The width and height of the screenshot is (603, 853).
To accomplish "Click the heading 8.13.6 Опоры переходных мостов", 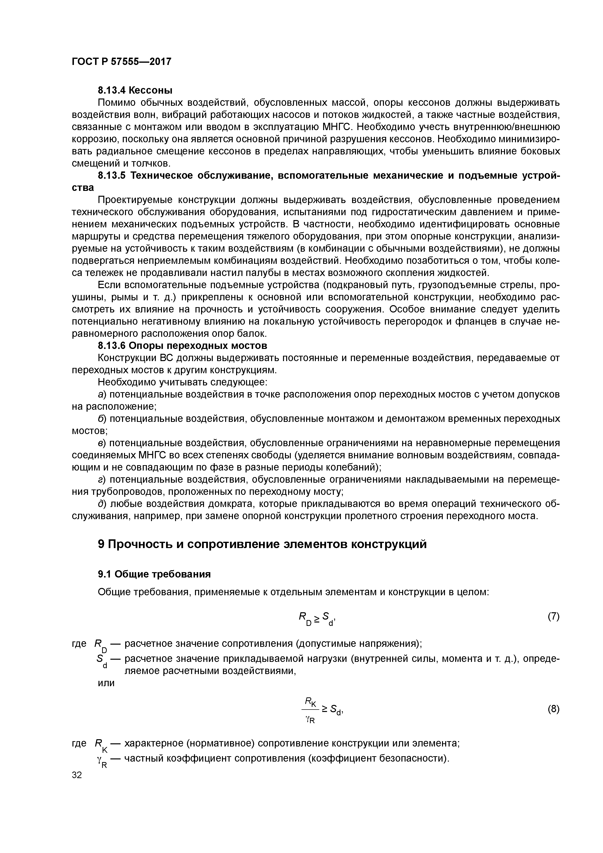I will point(182,346).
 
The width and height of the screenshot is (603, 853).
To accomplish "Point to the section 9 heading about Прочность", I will point(262,544).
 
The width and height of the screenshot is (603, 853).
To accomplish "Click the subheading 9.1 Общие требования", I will point(154,574).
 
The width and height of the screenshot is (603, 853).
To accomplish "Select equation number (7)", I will point(553,616).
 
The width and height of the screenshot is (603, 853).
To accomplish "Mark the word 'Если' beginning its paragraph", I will point(108,285).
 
